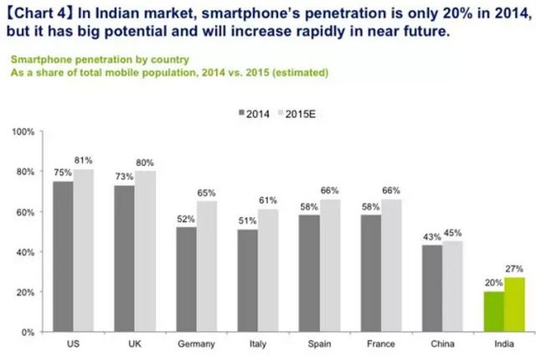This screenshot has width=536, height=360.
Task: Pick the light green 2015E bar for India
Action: click(514, 305)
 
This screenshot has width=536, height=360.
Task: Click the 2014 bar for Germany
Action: click(186, 280)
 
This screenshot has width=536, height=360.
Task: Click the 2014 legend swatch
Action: click(240, 114)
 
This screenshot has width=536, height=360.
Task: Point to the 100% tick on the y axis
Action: click(23, 132)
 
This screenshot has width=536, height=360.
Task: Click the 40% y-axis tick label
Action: click(23, 252)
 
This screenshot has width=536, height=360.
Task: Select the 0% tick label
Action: click(26, 332)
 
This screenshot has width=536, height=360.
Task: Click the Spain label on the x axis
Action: click(318, 344)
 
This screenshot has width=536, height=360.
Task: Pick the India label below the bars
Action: click(504, 344)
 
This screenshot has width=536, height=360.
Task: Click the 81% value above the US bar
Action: click(83, 161)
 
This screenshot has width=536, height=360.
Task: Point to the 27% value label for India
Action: click(514, 269)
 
